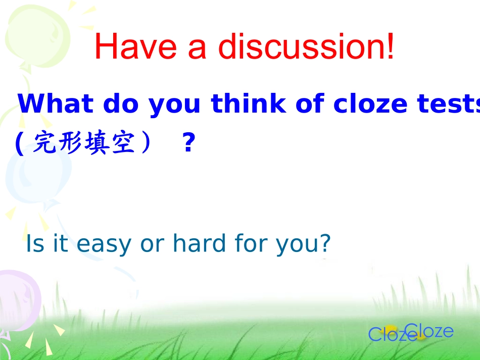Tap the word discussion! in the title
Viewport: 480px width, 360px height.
point(306,46)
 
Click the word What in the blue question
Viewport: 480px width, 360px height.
point(56,104)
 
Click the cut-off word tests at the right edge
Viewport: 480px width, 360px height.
point(455,104)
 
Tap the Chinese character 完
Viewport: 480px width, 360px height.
point(44,144)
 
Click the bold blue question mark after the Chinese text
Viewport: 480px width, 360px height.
point(188,144)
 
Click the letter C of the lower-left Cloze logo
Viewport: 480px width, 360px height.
point(375,334)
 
